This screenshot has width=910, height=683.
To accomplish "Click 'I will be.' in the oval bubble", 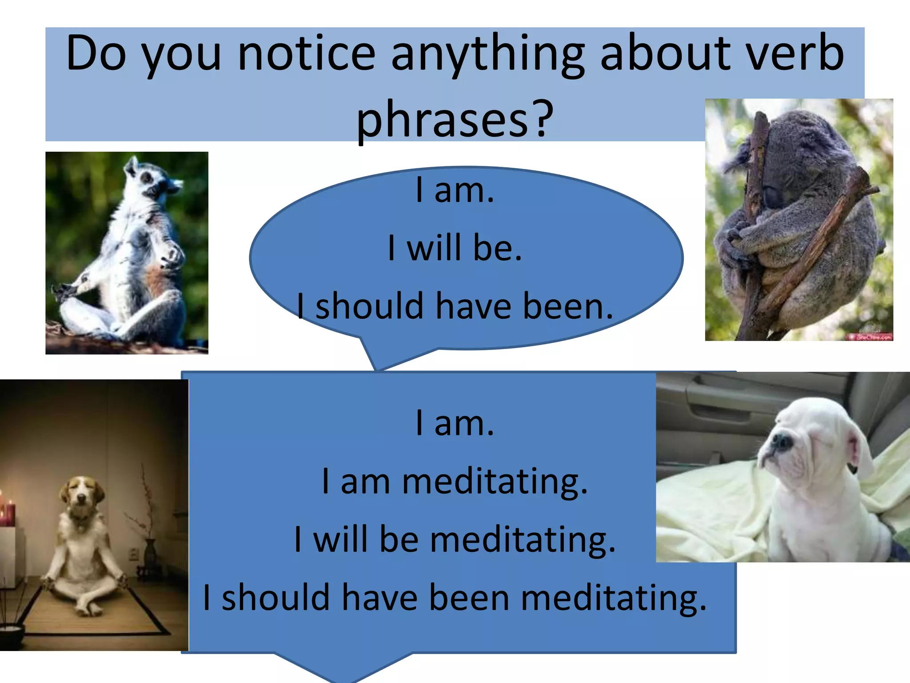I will pos(455,247).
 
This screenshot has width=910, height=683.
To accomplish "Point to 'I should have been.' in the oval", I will pos(455,306).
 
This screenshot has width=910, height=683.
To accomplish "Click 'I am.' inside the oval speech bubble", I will pos(455,190).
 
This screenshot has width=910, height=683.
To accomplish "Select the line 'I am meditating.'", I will pos(455,481).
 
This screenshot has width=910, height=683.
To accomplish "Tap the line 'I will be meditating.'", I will pos(455,539).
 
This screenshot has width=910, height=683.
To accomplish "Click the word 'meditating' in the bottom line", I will pos(613,598).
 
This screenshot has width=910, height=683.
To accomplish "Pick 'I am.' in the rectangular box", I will pos(455,423).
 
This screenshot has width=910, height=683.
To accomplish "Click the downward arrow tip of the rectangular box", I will pos(344,674).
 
